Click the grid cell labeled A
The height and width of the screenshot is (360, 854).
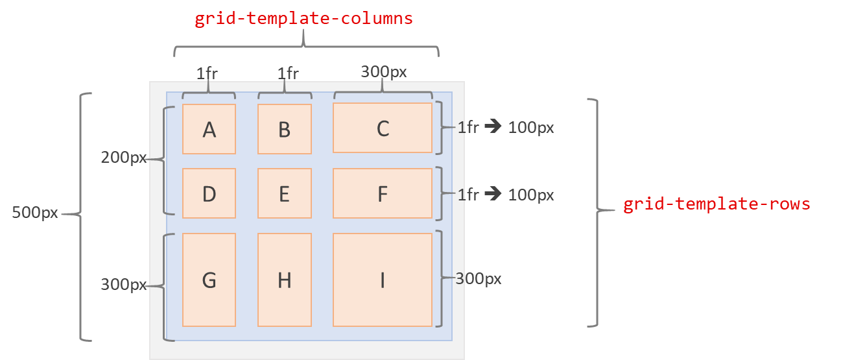pyautogui.click(x=209, y=129)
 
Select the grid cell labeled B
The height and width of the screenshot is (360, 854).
pyautogui.click(x=284, y=129)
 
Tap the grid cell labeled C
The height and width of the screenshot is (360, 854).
pyautogui.click(x=383, y=128)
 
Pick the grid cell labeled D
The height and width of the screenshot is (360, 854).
pyautogui.click(x=209, y=193)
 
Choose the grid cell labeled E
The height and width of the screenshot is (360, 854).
pyautogui.click(x=284, y=193)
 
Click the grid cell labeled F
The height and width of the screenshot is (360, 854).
pyautogui.click(x=383, y=193)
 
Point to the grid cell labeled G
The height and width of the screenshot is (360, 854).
pyautogui.click(x=209, y=280)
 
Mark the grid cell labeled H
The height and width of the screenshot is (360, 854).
pyautogui.click(x=284, y=280)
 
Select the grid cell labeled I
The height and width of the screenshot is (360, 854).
pyautogui.click(x=383, y=280)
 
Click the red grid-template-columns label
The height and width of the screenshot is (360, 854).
pyautogui.click(x=303, y=19)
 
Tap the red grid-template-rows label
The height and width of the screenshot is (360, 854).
pyautogui.click(x=717, y=204)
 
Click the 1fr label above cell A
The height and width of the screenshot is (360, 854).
pyautogui.click(x=207, y=73)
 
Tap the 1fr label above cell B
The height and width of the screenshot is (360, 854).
pyautogui.click(x=288, y=73)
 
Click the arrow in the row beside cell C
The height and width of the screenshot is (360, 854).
pyautogui.click(x=493, y=127)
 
